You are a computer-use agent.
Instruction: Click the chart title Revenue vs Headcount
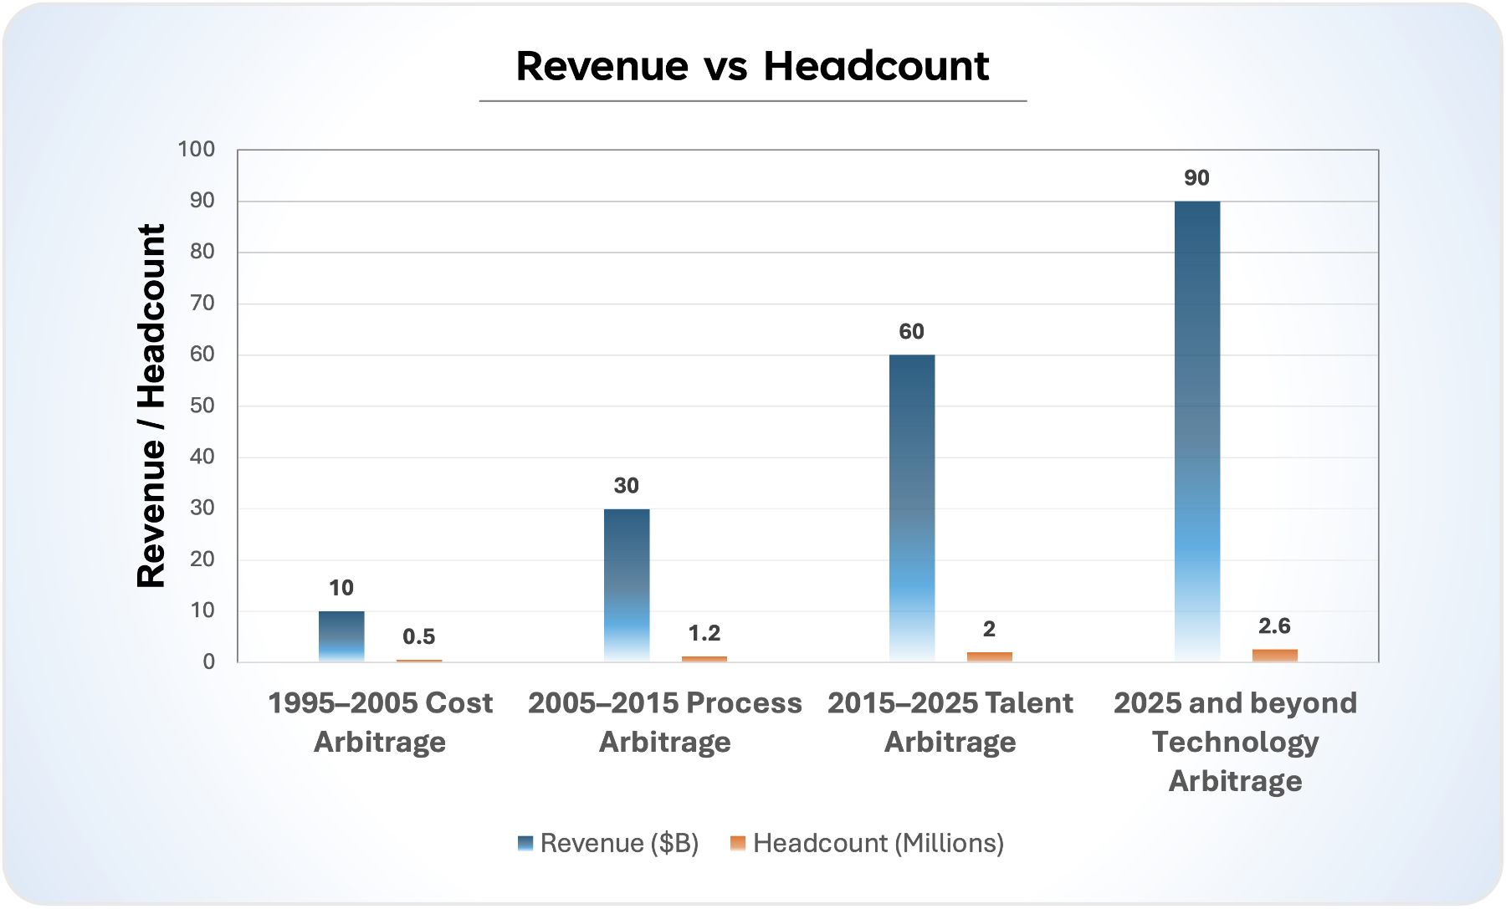pyautogui.click(x=752, y=66)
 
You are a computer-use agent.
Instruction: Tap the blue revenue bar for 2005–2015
pyautogui.click(x=627, y=585)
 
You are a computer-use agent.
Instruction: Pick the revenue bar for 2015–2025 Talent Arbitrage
pyautogui.click(x=912, y=508)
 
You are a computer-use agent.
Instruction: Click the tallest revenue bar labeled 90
pyautogui.click(x=1197, y=431)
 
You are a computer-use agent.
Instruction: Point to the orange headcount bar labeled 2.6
pyautogui.click(x=1274, y=655)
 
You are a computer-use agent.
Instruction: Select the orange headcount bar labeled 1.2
pyautogui.click(x=704, y=659)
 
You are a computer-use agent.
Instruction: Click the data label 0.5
pyautogui.click(x=418, y=637)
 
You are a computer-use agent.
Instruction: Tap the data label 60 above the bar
pyautogui.click(x=911, y=332)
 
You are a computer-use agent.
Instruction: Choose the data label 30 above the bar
pyautogui.click(x=626, y=486)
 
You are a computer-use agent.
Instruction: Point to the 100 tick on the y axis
pyautogui.click(x=196, y=150)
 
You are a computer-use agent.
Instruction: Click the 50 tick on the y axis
pyautogui.click(x=202, y=406)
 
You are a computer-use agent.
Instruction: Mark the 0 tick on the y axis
pyautogui.click(x=208, y=662)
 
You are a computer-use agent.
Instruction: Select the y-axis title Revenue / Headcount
pyautogui.click(x=151, y=406)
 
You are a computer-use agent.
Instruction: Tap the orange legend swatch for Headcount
pyautogui.click(x=737, y=843)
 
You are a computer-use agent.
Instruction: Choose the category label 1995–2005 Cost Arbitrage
pyautogui.click(x=380, y=722)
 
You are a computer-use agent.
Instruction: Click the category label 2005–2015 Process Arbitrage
pyautogui.click(x=665, y=722)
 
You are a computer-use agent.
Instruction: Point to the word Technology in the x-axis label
pyautogui.click(x=1235, y=742)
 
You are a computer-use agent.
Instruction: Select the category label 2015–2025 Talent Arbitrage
pyautogui.click(x=950, y=722)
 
